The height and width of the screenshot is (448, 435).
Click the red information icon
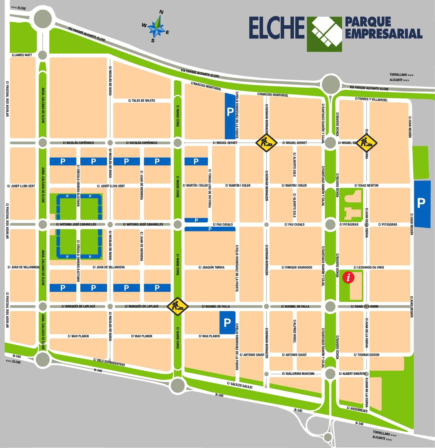[x=349, y=277]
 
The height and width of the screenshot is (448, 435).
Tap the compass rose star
[x=157, y=27]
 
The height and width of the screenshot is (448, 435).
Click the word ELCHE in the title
[x=277, y=28]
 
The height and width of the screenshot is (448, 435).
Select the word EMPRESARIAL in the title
[x=383, y=34]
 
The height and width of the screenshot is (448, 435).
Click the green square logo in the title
[x=324, y=34]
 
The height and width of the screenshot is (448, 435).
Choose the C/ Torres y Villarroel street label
[x=372, y=99]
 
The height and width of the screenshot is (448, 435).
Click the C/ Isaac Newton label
[x=366, y=186]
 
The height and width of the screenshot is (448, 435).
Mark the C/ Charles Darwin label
[x=364, y=307]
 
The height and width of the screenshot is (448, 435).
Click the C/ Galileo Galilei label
[x=240, y=385]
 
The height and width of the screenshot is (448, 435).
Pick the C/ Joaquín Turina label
[x=211, y=267]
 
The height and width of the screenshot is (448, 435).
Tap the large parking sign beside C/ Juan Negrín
[x=421, y=203]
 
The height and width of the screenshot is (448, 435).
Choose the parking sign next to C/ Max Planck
[x=227, y=322]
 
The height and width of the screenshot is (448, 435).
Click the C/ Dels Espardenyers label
[x=109, y=362]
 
